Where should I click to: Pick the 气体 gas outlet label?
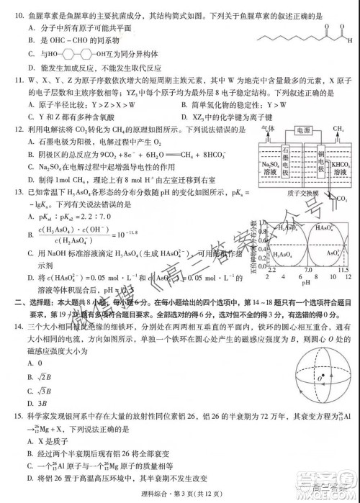pos(269,130)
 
